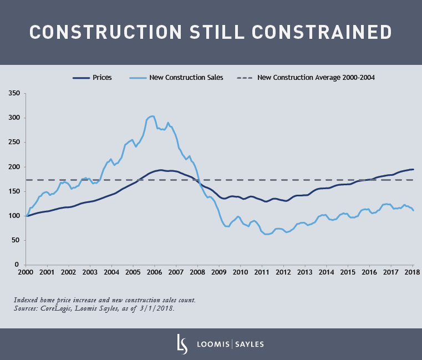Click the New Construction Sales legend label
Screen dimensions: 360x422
click(186, 78)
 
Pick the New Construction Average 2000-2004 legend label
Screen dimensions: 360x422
click(316, 78)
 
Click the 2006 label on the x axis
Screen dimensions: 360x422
click(155, 273)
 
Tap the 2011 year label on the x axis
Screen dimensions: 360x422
click(262, 273)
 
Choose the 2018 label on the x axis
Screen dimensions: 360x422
click(412, 273)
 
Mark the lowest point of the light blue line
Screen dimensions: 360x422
click(267, 234)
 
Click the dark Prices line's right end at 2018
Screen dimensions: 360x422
click(413, 169)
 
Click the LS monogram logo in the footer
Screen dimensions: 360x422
click(180, 343)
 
